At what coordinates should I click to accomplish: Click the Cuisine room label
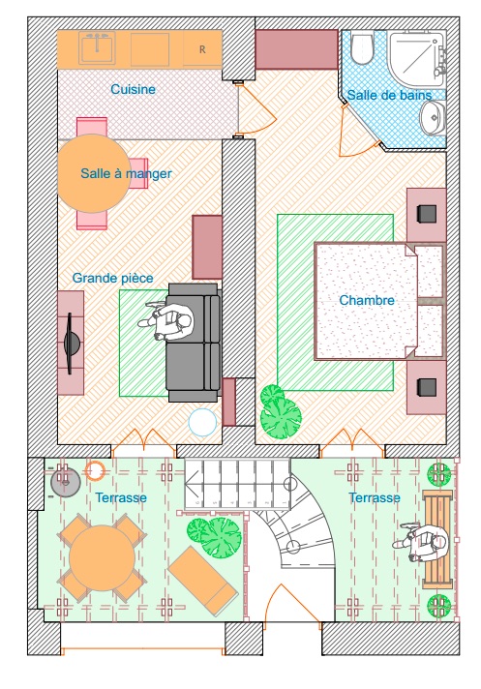133,89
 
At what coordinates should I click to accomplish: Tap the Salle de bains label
389,95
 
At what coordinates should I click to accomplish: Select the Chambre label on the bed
367,301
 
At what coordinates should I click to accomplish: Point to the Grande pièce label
113,278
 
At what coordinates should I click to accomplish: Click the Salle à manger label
126,173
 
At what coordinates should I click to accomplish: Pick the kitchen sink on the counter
97,47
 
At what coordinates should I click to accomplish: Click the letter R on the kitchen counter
202,49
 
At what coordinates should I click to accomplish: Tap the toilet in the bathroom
362,47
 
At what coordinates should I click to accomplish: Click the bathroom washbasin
432,117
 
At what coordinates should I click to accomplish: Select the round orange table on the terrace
102,557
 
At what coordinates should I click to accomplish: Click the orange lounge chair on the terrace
203,576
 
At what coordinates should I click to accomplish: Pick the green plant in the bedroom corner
280,411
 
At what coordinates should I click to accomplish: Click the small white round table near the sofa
202,422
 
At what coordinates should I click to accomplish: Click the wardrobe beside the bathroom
296,49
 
